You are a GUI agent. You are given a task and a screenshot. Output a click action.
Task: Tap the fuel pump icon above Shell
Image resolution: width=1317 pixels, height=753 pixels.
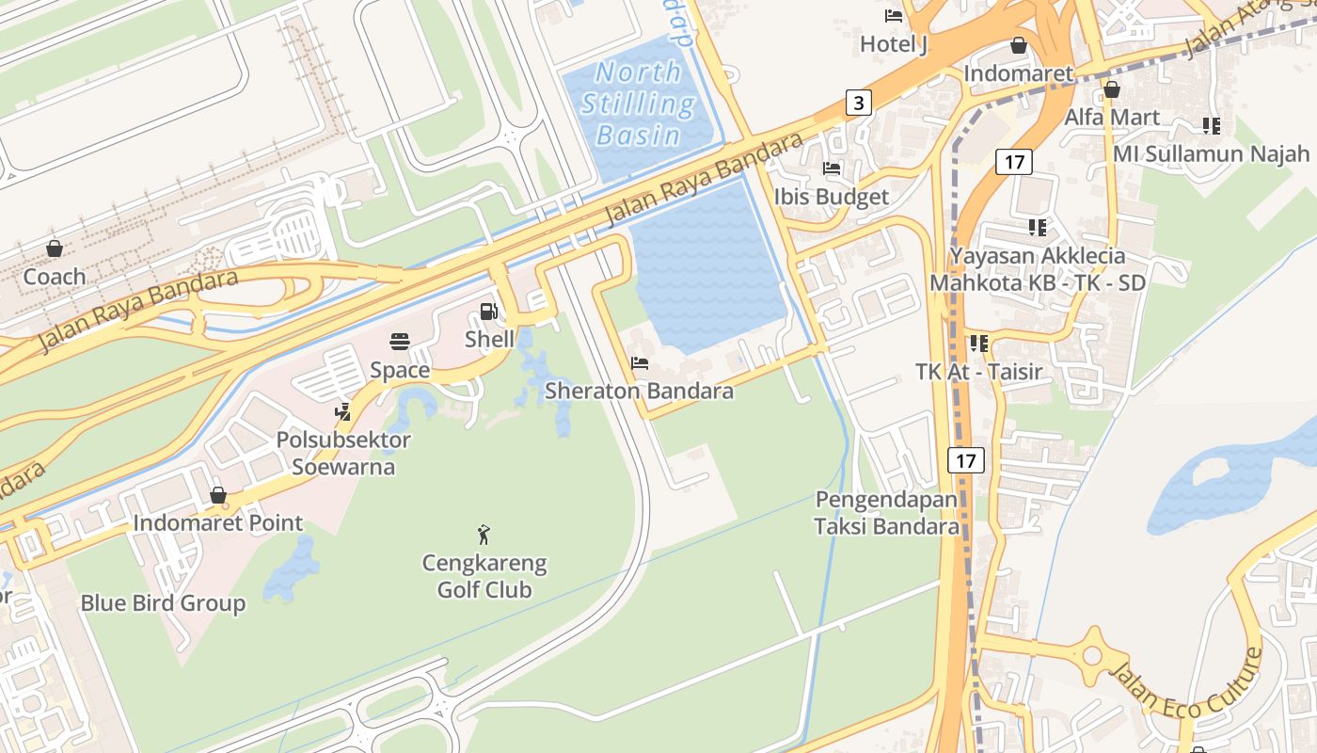[x=488, y=312]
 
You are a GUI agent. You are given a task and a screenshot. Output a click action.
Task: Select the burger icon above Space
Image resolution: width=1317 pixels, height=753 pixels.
[x=399, y=341]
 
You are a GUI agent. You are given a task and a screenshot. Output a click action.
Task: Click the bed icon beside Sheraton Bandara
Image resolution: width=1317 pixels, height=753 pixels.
[x=640, y=363]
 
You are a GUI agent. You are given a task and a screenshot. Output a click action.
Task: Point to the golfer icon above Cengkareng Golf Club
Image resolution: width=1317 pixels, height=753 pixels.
[x=484, y=535]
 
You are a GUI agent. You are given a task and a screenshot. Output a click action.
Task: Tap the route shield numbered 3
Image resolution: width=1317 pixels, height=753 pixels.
[x=858, y=102]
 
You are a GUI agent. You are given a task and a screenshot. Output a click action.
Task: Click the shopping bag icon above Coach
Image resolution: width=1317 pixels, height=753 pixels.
[x=55, y=248]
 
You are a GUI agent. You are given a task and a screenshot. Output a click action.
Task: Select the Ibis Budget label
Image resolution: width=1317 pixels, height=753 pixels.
[x=831, y=197]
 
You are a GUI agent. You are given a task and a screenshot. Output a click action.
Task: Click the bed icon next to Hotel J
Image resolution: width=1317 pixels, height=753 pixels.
[x=894, y=16]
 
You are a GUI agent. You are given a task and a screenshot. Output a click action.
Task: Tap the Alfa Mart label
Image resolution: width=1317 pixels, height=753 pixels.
[x=1111, y=118]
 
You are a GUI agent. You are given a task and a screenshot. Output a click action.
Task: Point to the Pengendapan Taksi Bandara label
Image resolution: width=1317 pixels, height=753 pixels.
[x=887, y=513]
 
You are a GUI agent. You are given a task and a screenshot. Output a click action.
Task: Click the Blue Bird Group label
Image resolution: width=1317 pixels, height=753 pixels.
[x=163, y=603]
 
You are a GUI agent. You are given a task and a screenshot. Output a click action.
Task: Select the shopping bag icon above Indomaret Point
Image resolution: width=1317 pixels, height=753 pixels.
[x=218, y=495]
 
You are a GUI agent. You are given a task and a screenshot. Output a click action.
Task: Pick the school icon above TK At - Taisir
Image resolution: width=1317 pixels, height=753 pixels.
[x=978, y=344]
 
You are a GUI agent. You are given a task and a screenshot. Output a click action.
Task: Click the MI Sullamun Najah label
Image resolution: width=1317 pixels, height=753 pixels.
[x=1212, y=153]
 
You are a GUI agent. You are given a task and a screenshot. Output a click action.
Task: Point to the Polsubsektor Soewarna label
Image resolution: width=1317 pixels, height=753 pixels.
[x=343, y=453]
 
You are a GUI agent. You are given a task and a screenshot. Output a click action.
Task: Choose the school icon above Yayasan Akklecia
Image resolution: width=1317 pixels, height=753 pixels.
[x=1037, y=227]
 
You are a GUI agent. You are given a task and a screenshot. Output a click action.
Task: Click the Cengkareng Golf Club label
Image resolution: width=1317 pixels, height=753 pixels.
[x=484, y=577]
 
